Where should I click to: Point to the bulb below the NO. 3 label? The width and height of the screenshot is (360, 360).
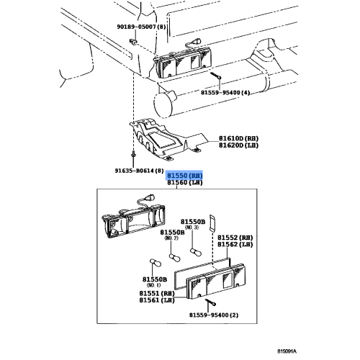click(194, 251)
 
